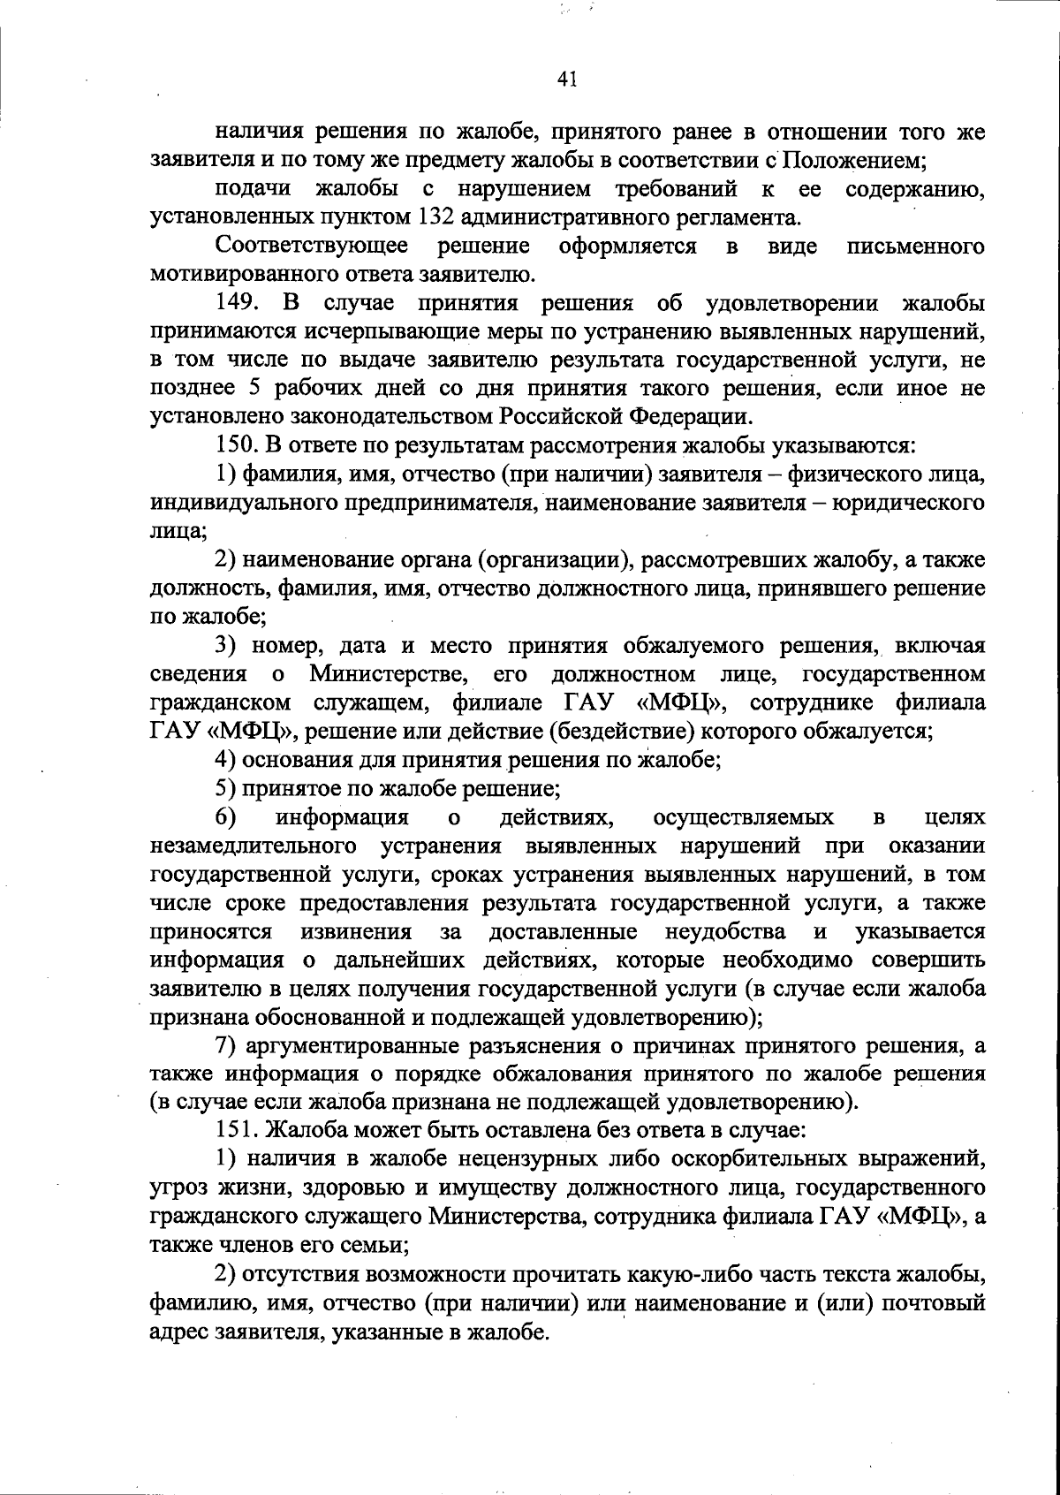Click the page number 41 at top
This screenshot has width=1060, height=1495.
[x=568, y=80]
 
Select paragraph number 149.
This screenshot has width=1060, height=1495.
[x=236, y=304]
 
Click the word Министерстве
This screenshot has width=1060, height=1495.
[x=390, y=675]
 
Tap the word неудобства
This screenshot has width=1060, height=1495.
[x=726, y=932]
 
